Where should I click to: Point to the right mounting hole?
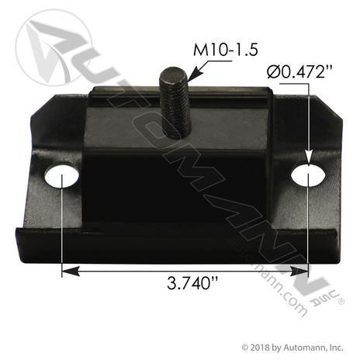click(309, 177)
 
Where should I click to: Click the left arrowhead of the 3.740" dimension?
click(67, 272)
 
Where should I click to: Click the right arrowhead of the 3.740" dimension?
click(303, 272)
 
